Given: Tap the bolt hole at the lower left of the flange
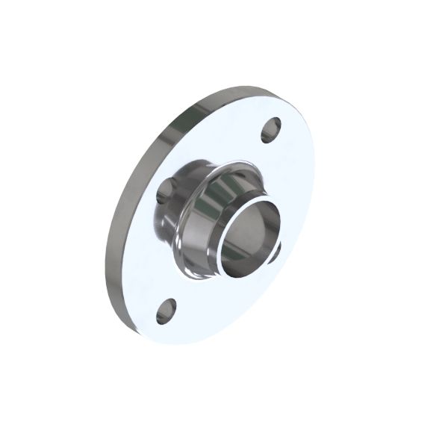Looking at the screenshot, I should pos(166,311).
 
